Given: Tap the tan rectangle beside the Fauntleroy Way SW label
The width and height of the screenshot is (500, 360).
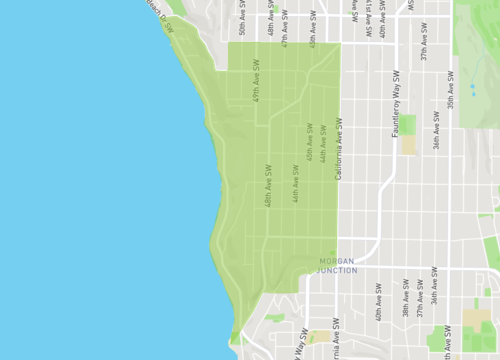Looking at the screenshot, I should pyautogui.click(x=408, y=143).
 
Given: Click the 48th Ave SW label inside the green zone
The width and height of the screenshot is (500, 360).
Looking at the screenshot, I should pyautogui.click(x=269, y=186).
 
